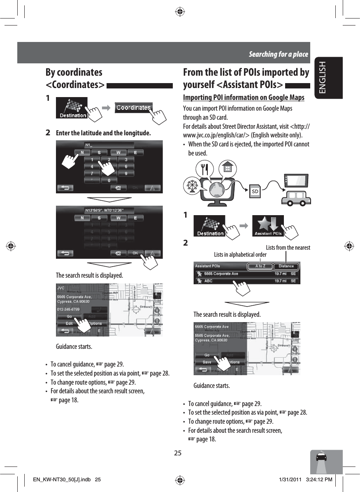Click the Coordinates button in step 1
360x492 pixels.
point(133,108)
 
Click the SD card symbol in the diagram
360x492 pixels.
point(255,191)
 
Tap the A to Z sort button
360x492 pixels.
point(260,266)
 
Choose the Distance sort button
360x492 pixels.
point(286,266)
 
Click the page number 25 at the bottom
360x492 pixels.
point(178,453)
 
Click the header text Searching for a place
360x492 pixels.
point(278,54)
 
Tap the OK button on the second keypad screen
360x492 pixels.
point(135,253)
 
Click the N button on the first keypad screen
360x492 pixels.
point(82,153)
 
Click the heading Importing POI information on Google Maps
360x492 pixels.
point(244,97)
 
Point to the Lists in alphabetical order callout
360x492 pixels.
point(240,255)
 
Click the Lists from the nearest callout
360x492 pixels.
point(288,247)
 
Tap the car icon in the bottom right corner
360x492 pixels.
point(326,458)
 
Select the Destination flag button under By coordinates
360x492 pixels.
point(72,108)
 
